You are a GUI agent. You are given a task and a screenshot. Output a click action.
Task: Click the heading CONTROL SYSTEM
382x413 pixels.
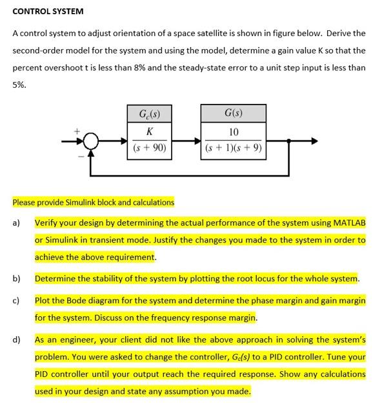coord(48,11)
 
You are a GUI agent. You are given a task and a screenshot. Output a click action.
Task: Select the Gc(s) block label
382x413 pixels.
coord(150,116)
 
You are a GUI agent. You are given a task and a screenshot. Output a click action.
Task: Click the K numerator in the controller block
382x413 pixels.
coord(150,132)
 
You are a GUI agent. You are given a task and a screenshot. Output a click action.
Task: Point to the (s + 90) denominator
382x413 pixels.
coord(150,148)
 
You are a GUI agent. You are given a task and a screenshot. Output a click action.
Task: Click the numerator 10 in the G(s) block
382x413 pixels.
coord(234,132)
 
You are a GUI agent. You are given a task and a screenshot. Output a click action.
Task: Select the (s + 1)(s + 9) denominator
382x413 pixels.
coord(234,148)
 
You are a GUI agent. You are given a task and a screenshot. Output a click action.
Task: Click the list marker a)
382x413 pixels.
coord(17,223)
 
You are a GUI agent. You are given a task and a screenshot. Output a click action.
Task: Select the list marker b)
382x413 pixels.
coord(17,279)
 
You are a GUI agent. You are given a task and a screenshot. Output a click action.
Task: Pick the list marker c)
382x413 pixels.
coord(17,301)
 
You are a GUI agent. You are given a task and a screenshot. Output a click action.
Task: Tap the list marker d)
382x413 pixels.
coord(17,339)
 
